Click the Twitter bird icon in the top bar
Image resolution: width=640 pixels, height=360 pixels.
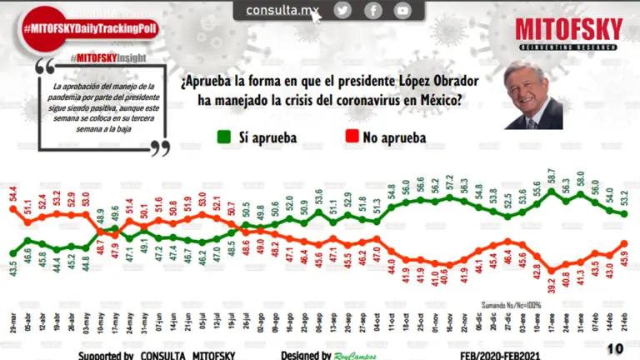(342, 10)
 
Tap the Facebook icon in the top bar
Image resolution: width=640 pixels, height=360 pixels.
(372, 10)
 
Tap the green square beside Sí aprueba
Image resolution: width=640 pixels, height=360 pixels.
(222, 137)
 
